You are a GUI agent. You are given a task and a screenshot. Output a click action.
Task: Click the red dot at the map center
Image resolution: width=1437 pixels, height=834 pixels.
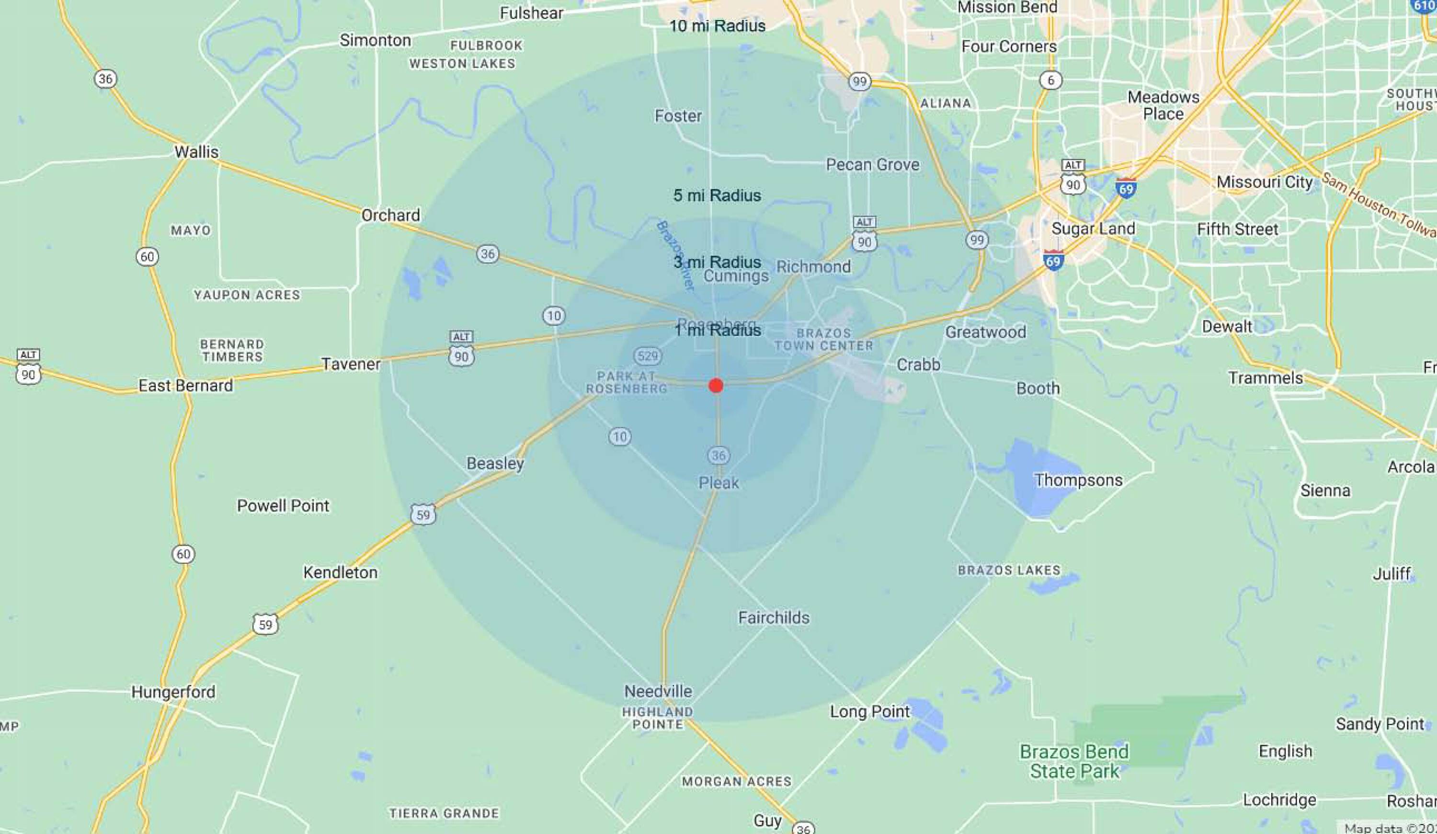(x=716, y=386)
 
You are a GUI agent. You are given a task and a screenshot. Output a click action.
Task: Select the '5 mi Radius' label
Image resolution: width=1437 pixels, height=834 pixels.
(x=717, y=195)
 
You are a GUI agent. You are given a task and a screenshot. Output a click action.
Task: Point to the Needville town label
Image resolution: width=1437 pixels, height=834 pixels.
(x=658, y=691)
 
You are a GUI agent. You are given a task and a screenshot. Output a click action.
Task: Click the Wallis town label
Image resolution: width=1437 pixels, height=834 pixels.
(x=196, y=152)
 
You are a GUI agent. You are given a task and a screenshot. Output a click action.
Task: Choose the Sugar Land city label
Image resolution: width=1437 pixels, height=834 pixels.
(x=1093, y=229)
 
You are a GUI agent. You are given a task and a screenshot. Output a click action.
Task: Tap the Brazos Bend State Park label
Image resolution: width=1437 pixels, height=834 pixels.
(x=1074, y=762)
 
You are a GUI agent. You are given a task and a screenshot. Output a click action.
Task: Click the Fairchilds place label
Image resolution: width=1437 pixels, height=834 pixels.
(x=774, y=618)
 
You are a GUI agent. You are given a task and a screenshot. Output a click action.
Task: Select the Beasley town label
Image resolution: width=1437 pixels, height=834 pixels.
(x=495, y=463)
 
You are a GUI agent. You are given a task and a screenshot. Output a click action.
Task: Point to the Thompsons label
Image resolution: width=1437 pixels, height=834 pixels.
(x=1078, y=480)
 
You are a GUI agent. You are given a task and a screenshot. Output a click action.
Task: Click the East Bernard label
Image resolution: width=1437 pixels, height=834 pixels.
(x=185, y=386)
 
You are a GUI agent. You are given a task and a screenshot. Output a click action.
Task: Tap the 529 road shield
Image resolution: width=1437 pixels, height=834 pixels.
(x=647, y=356)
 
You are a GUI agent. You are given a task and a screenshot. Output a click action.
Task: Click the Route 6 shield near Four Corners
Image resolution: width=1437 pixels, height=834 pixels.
(x=1050, y=80)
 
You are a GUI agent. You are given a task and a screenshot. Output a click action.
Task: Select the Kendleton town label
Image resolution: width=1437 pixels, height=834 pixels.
(x=341, y=573)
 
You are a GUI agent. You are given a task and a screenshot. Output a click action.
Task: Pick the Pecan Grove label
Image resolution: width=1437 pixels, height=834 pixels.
(x=872, y=165)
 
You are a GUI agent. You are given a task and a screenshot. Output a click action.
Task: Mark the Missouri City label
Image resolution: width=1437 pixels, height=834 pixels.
(x=1264, y=183)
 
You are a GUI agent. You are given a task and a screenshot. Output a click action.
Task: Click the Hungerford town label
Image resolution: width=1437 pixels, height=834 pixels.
(x=173, y=692)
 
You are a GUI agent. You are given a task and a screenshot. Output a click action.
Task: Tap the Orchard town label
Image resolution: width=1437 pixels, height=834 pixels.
(x=390, y=216)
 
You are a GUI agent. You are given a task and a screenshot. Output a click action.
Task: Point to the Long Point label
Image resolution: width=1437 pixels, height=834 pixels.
(x=869, y=712)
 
